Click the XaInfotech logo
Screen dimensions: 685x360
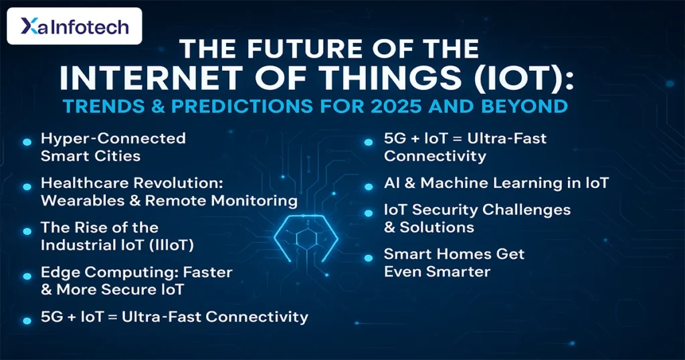point(75,26)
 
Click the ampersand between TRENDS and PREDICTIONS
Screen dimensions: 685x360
point(156,106)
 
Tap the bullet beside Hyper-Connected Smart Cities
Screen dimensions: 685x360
point(27,142)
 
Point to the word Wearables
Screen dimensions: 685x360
point(87,201)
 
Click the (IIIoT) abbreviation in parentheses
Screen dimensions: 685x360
point(171,245)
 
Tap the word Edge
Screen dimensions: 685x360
point(59,272)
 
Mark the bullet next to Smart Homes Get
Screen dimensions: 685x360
point(369,258)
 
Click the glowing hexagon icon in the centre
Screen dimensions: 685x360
point(306,238)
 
